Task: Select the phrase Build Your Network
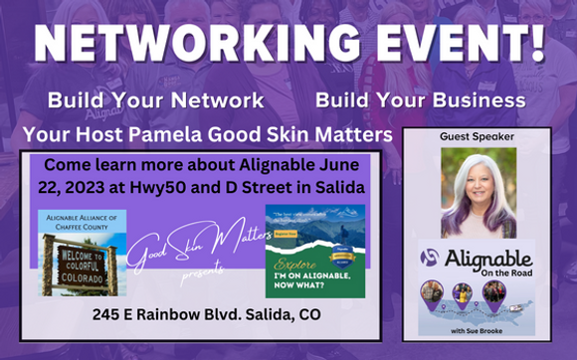(x=155, y=100)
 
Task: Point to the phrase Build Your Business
(x=421, y=100)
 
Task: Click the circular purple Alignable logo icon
(x=429, y=258)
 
